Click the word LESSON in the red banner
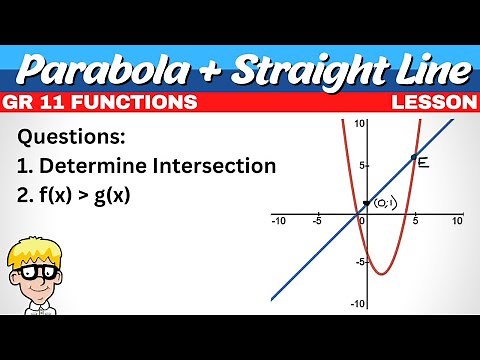click(433, 103)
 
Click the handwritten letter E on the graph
click(423, 162)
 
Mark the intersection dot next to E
click(413, 158)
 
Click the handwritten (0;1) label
click(384, 204)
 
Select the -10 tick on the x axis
click(280, 220)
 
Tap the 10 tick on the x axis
click(457, 220)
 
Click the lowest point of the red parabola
click(381, 273)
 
